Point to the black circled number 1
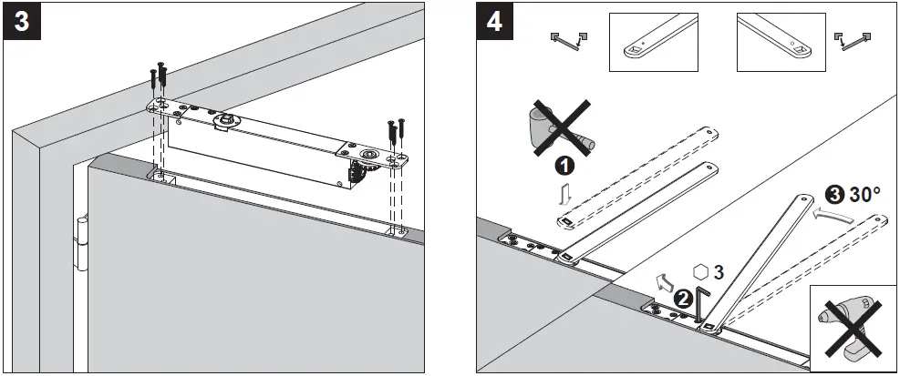tap(565, 167)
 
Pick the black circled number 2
tap(681, 297)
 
